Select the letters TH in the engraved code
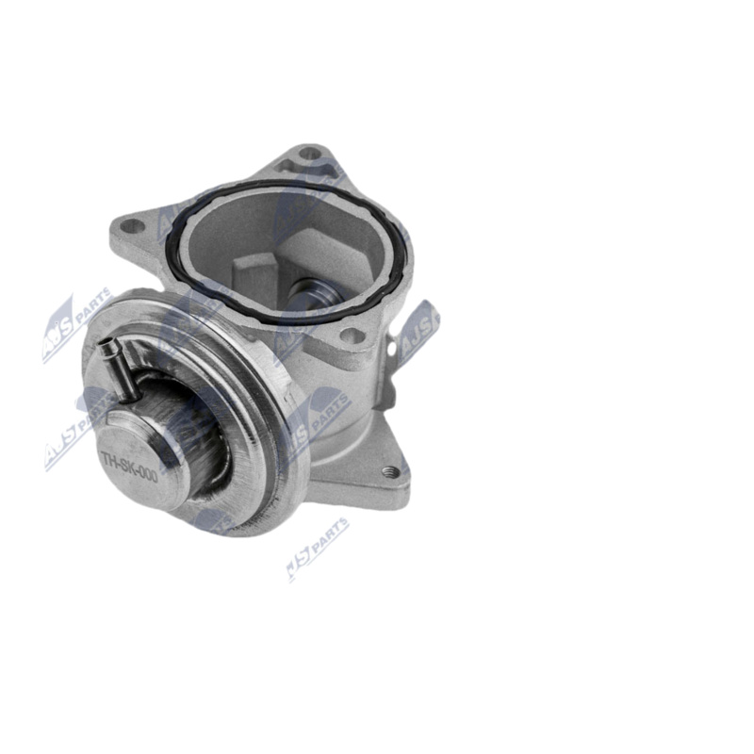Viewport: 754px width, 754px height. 108,455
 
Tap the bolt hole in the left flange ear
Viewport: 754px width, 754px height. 132,226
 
